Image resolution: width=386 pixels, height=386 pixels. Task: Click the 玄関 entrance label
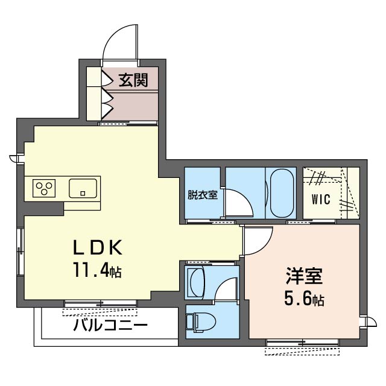click(133, 80)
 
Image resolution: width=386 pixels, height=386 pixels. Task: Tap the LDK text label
click(98, 247)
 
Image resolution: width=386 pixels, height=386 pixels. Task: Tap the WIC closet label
click(321, 199)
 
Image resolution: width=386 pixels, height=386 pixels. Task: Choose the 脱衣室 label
click(203, 195)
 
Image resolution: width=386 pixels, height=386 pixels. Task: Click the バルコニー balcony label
click(110, 324)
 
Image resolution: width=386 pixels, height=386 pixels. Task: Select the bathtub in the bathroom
click(282, 193)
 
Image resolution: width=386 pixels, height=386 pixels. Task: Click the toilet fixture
click(201, 321)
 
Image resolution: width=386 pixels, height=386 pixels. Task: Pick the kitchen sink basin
click(83, 188)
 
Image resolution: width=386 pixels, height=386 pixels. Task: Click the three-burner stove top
click(44, 188)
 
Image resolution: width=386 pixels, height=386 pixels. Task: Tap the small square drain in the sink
click(83, 193)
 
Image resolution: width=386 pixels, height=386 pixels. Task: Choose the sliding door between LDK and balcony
click(101, 303)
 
